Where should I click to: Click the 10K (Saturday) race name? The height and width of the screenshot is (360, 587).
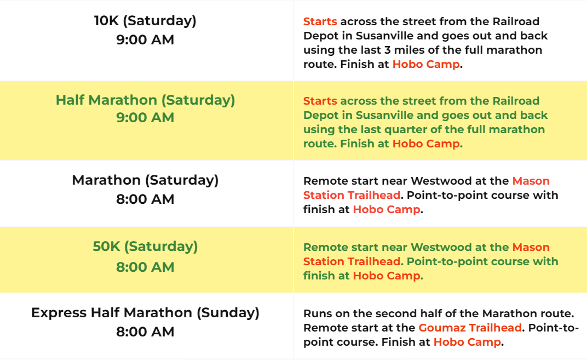145,21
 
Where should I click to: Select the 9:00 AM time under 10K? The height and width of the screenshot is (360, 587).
145,39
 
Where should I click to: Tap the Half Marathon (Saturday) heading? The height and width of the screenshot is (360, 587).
145,100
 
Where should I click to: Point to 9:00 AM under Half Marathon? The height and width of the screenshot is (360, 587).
145,118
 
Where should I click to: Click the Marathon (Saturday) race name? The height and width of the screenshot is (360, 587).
145,180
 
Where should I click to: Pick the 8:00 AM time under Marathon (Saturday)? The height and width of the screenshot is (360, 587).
145,199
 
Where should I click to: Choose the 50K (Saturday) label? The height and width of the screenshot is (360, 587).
145,247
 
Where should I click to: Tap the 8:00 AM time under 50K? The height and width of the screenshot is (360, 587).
145,267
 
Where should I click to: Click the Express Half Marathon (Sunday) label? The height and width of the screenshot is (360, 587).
145,313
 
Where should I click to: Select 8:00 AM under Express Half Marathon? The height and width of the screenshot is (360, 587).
145,332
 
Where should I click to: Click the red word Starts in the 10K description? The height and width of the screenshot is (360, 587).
320,22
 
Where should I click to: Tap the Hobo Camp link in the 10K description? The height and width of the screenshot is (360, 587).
426,65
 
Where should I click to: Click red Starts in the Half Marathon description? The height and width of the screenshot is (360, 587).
320,101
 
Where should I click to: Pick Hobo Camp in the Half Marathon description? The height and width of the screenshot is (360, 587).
426,144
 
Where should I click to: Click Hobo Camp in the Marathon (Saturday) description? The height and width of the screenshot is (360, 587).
387,209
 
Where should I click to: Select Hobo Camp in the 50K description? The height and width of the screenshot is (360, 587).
387,276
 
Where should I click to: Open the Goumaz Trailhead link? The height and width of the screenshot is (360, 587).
470,328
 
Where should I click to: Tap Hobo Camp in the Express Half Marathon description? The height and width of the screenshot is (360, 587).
467,342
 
